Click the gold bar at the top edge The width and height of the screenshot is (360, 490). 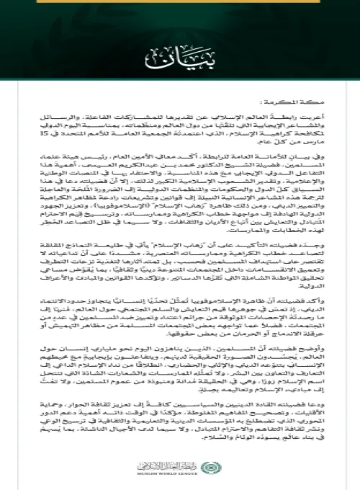pyautogui.click(x=180, y=2)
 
